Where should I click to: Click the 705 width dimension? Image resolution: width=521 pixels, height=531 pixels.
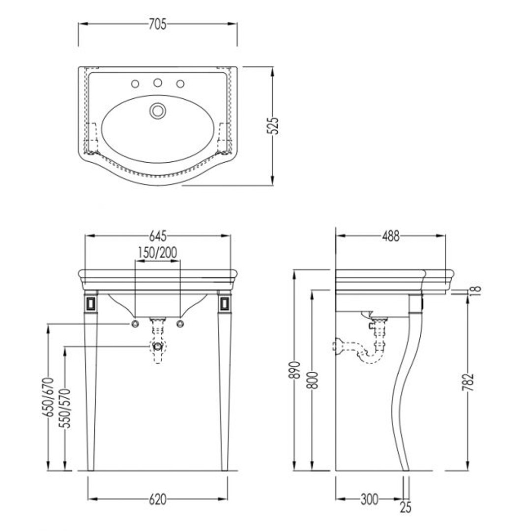click(158, 25)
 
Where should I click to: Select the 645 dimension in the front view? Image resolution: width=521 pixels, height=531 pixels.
click(158, 236)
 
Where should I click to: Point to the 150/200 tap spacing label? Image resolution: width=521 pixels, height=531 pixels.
click(157, 253)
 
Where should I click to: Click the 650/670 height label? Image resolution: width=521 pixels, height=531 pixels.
click(50, 397)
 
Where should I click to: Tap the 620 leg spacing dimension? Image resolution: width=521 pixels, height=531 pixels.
click(158, 499)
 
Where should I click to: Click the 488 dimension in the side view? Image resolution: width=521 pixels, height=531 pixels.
click(391, 236)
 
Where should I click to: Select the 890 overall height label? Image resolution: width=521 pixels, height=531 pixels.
click(295, 370)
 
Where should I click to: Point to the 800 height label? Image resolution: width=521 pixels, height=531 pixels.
click(314, 380)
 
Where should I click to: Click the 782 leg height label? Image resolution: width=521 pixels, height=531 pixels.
click(468, 382)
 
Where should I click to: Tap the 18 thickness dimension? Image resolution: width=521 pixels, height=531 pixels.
click(476, 290)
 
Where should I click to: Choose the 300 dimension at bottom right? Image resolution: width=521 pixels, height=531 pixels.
click(369, 499)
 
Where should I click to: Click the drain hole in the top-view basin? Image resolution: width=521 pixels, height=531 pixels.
click(158, 111)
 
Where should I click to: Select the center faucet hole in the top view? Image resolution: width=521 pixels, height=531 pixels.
click(157, 82)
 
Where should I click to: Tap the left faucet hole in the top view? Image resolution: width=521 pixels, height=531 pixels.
click(135, 84)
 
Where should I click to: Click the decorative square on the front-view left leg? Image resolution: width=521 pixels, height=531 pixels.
click(91, 303)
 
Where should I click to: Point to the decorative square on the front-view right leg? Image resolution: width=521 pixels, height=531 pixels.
click(225, 303)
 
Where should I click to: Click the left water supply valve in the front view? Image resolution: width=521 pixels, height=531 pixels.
click(136, 324)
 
